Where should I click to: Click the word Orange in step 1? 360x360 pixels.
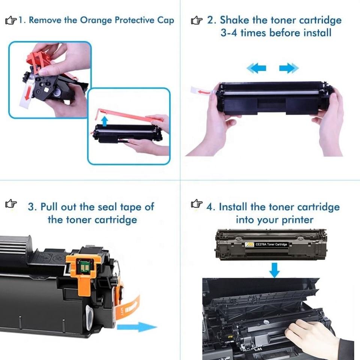(x=96, y=20)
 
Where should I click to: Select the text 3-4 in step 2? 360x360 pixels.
(x=229, y=33)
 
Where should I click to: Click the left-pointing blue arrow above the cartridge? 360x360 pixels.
(x=256, y=68)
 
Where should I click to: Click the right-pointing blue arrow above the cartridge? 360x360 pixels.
(x=289, y=68)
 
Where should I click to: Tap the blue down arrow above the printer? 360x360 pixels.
(x=274, y=270)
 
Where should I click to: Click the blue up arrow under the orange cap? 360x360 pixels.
(x=105, y=121)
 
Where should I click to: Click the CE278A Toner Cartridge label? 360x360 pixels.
(x=266, y=244)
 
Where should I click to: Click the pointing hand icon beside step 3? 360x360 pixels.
(x=11, y=204)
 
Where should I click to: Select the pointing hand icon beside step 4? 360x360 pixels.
(x=197, y=203)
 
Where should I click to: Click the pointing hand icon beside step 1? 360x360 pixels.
(x=11, y=20)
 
